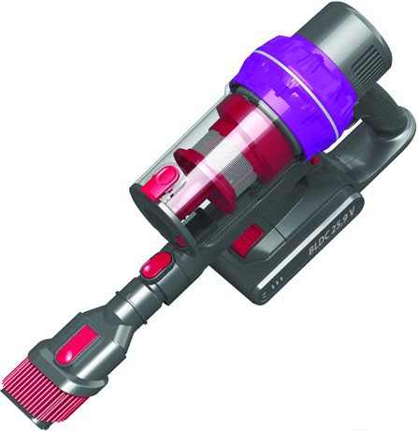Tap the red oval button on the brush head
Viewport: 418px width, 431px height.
pos(78,346)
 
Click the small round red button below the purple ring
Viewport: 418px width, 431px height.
pos(315,160)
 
